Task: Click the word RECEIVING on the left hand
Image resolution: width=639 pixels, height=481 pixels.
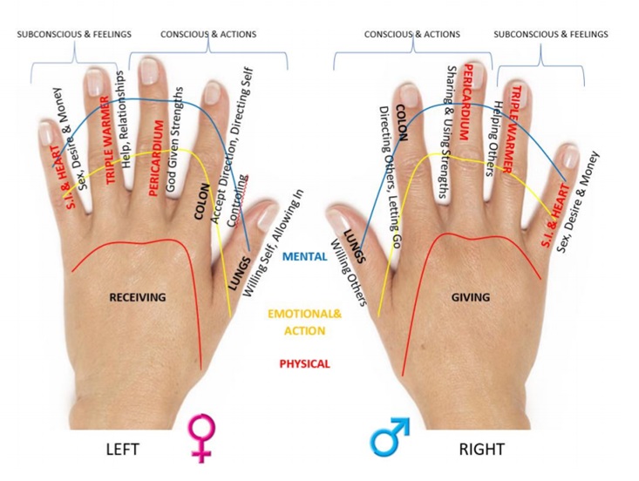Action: pos(137,297)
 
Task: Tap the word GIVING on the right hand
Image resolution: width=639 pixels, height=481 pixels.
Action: pos(470,297)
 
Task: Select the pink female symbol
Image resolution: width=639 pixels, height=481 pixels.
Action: pos(201,438)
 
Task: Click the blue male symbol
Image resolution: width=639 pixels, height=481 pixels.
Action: pos(389,437)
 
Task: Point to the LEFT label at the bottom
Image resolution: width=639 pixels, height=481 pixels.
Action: pos(123,450)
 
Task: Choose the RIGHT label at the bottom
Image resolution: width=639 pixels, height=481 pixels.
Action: pos(481,450)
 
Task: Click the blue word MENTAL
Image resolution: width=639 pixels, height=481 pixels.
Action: pos(305,257)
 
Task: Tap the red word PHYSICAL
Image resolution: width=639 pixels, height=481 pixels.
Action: pos(304,364)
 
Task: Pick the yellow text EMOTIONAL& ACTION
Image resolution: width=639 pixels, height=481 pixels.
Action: pos(304,322)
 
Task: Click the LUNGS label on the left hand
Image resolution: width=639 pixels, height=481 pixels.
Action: pos(236,272)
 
